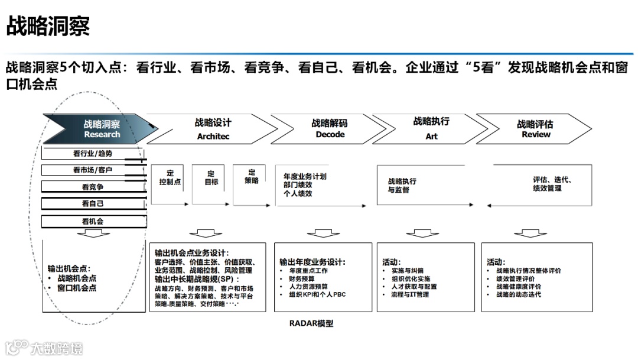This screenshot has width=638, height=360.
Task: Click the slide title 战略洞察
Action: [48, 27]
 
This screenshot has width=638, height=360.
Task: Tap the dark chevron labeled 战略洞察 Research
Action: [101, 129]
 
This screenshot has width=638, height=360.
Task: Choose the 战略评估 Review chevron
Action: [535, 129]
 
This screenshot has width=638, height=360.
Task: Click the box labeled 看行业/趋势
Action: [93, 154]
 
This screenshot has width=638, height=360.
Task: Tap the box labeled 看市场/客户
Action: [93, 170]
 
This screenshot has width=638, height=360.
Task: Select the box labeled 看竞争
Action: [93, 187]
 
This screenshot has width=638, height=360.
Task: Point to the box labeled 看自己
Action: [93, 204]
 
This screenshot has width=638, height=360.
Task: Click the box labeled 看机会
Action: [93, 222]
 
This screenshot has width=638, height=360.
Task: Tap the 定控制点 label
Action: [170, 178]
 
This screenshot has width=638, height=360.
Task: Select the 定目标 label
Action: [211, 178]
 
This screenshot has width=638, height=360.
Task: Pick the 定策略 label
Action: [252, 176]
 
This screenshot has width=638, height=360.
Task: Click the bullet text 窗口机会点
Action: [77, 288]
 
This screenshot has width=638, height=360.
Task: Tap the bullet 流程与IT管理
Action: [410, 294]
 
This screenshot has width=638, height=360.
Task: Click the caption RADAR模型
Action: [311, 323]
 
